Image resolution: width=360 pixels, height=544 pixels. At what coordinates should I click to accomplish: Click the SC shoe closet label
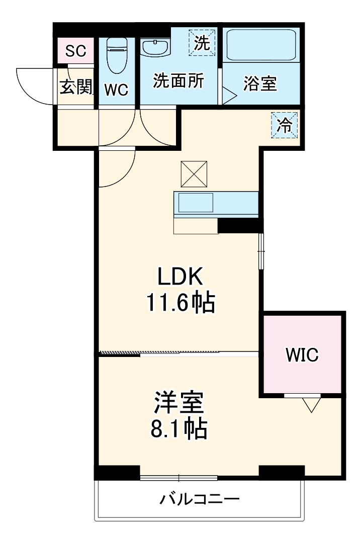76,50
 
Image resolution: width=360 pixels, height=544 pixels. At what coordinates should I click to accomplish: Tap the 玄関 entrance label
76,87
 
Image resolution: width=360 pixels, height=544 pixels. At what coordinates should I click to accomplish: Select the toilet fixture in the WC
117,55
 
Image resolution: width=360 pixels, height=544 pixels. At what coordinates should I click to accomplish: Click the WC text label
117,90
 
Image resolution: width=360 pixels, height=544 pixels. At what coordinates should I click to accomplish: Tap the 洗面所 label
178,81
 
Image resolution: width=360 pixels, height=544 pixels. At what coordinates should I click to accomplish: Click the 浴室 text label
260,83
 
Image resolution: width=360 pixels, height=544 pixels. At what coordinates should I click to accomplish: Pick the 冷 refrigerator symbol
285,125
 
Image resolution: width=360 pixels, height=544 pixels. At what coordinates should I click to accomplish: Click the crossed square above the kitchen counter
194,174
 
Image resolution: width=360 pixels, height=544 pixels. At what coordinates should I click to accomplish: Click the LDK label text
180,277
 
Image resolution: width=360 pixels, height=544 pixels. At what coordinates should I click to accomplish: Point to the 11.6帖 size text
181,303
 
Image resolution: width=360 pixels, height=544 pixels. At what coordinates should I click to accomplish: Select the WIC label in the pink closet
302,355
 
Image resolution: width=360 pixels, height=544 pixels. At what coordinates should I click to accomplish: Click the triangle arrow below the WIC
312,404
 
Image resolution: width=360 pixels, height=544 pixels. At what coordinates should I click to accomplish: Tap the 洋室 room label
178,402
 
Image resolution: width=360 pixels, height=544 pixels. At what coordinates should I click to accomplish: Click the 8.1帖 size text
178,428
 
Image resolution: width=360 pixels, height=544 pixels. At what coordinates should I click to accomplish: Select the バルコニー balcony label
200,500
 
